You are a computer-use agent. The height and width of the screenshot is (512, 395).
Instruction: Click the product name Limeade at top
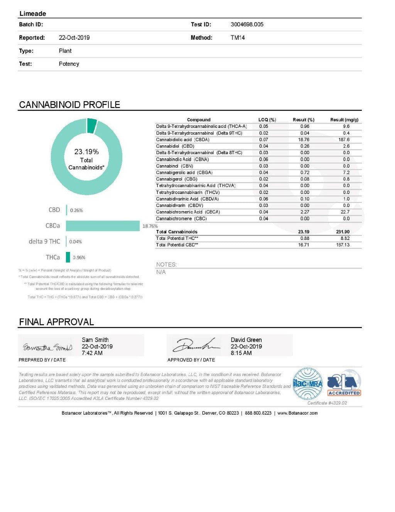33,14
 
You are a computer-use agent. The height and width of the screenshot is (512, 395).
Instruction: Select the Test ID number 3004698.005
247,24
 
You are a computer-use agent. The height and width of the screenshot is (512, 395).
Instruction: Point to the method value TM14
238,37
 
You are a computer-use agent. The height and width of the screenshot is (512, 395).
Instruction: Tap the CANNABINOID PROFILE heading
69,105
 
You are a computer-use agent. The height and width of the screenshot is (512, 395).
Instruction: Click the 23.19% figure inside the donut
86,151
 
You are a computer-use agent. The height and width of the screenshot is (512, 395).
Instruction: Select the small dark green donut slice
92,125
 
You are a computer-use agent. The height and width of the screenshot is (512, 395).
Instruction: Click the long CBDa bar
103,226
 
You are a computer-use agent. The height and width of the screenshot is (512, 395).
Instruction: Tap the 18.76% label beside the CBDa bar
150,226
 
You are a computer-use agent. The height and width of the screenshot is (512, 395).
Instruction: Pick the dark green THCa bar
68,257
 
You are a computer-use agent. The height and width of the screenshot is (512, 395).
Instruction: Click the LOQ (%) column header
267,120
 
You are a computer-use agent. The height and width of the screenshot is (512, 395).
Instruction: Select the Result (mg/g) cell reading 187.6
344,139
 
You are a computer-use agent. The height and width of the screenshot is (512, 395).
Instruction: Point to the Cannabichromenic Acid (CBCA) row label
188,212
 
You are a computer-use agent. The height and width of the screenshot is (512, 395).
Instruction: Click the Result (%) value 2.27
304,212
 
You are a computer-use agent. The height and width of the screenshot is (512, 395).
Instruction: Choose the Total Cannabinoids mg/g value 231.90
343,232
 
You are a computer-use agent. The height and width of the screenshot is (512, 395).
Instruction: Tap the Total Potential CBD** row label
177,245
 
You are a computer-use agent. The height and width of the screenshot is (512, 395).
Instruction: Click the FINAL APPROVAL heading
56,322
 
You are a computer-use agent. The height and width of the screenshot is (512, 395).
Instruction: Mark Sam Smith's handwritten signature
47,347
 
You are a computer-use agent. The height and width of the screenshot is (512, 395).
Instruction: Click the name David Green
246,340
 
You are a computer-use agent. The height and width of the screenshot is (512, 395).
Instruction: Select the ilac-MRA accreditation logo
307,384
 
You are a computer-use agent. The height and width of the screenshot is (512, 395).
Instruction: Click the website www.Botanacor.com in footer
297,413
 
